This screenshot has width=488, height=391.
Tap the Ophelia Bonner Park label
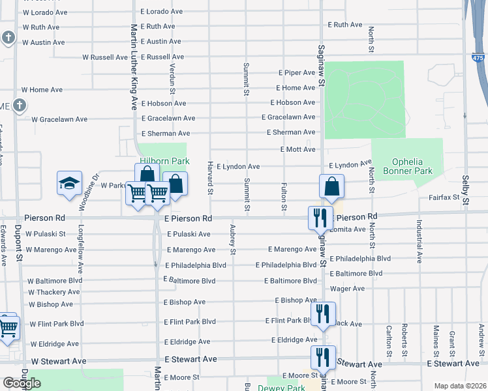coord(412,166)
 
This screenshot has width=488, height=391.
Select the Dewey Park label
coord(281,388)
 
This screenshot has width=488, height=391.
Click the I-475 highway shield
coord(479,58)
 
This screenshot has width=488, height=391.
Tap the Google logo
coord(22,383)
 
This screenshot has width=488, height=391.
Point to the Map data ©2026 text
coord(461,386)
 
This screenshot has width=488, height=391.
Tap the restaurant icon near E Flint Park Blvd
coord(324,314)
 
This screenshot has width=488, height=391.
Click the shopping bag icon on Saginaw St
coord(332,186)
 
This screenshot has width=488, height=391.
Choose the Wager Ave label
coord(348,288)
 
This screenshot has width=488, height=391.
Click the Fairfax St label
coord(445,197)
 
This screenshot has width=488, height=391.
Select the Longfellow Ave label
coord(80,250)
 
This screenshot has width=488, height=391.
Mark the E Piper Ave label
coord(297,72)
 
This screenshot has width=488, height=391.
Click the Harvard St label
coord(210,177)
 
